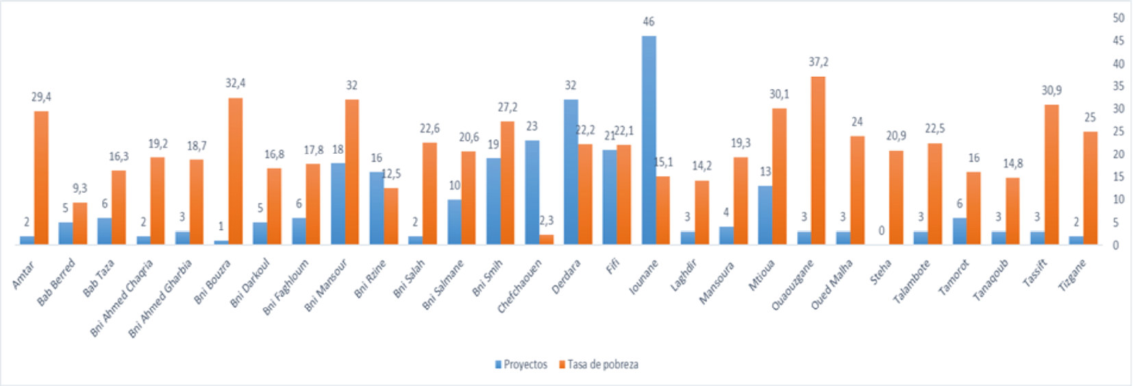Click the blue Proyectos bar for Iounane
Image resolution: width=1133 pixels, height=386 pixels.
[x=649, y=140]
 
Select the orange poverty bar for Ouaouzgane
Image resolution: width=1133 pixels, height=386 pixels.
[x=818, y=160]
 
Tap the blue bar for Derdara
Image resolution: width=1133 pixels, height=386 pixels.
[x=571, y=171]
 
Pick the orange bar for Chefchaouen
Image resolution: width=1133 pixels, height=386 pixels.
[x=546, y=239]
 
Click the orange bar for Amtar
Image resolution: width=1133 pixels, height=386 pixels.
[x=41, y=178]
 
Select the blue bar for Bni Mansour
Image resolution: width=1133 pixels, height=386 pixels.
[x=338, y=204]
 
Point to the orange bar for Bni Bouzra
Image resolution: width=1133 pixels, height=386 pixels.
[x=235, y=171]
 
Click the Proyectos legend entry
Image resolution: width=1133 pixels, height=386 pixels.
[x=521, y=365]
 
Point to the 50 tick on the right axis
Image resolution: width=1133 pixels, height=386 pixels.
[x=1119, y=18]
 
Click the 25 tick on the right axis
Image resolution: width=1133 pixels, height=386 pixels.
[x=1119, y=131]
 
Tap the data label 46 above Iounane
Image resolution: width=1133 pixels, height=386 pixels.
[x=649, y=22]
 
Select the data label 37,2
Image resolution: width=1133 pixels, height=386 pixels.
[x=818, y=62]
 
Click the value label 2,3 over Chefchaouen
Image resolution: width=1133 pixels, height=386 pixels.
[x=546, y=221]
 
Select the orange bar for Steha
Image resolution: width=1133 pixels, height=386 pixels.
[x=896, y=197]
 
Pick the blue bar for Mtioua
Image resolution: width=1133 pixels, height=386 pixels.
[x=765, y=215]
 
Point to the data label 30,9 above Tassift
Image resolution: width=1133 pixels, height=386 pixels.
[x=1051, y=91]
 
